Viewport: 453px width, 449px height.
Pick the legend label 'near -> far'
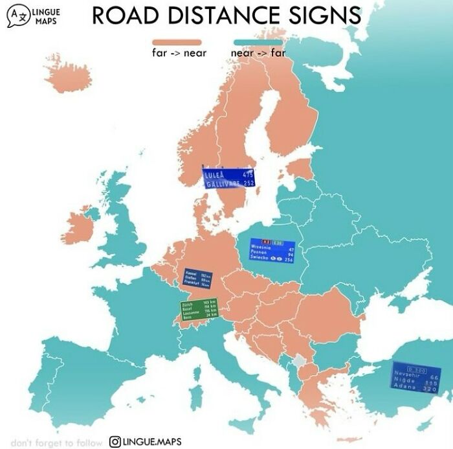257,53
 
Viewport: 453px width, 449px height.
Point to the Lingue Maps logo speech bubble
17,16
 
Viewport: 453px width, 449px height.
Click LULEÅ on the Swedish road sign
214,175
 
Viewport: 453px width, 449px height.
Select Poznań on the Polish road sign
261,253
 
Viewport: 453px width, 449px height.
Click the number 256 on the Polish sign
289,259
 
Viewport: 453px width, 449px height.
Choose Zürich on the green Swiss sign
188,303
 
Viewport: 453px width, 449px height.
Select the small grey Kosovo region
298,362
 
